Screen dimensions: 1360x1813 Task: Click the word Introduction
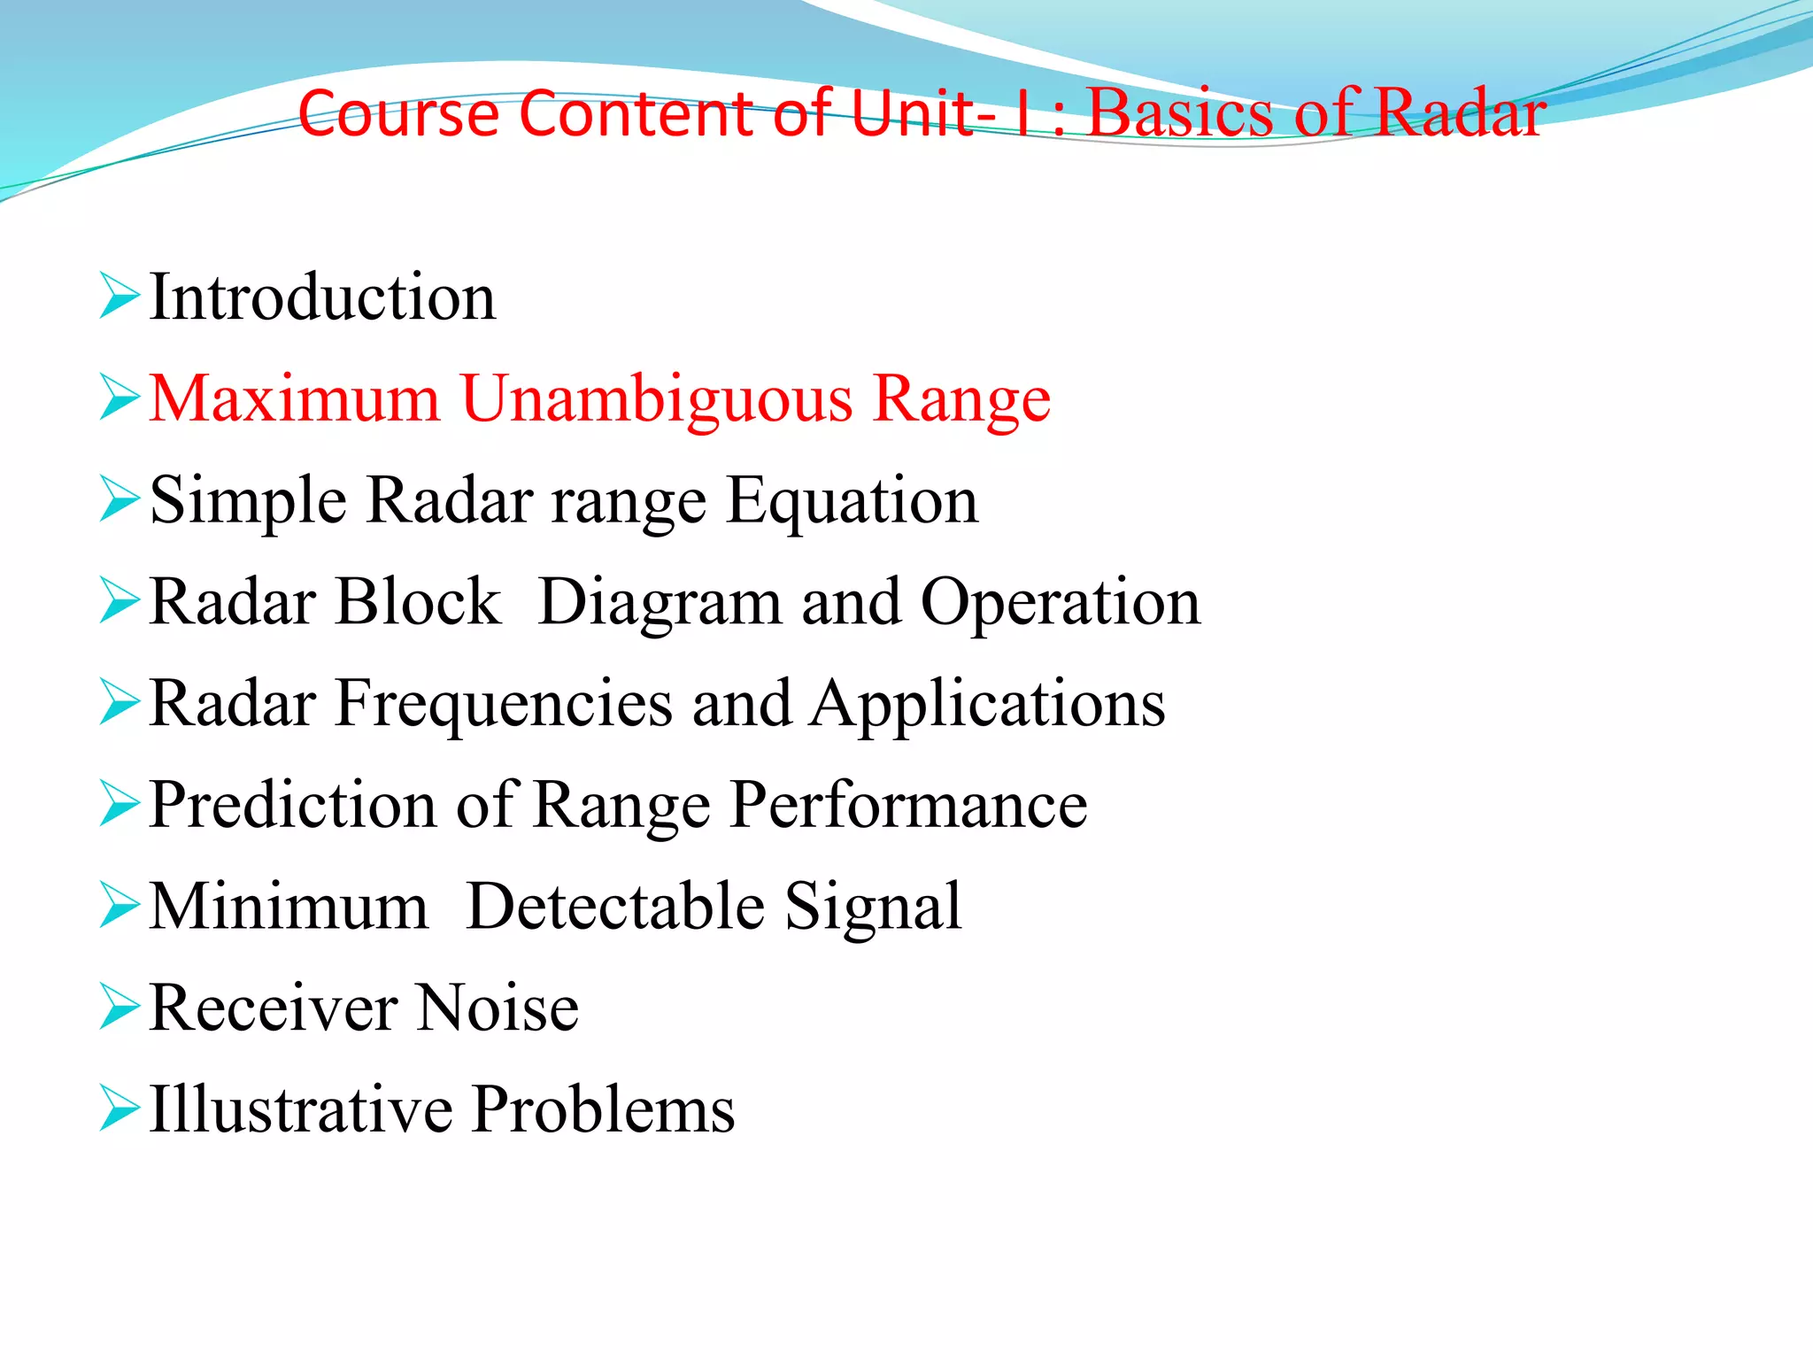[323, 297]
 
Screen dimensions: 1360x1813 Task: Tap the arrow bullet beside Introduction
[120, 296]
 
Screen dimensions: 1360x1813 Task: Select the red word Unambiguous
[656, 400]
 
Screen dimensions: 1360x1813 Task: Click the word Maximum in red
[295, 398]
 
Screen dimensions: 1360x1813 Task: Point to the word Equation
[852, 502]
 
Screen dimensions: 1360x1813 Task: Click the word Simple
[248, 502]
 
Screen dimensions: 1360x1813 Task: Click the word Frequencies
[504, 705]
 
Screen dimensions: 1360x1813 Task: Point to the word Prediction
[292, 805]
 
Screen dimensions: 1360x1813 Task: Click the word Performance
[909, 807]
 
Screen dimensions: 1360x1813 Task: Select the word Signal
[873, 908]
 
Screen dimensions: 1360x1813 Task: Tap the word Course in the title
[399, 114]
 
